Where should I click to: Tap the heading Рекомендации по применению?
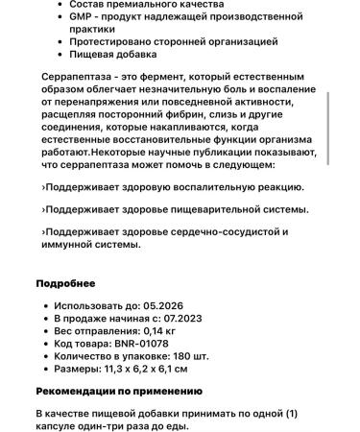pos(119,391)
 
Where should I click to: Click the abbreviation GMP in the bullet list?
pos(79,17)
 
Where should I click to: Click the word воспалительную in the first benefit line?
pos(201,187)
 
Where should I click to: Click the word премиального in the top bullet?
pos(148,5)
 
